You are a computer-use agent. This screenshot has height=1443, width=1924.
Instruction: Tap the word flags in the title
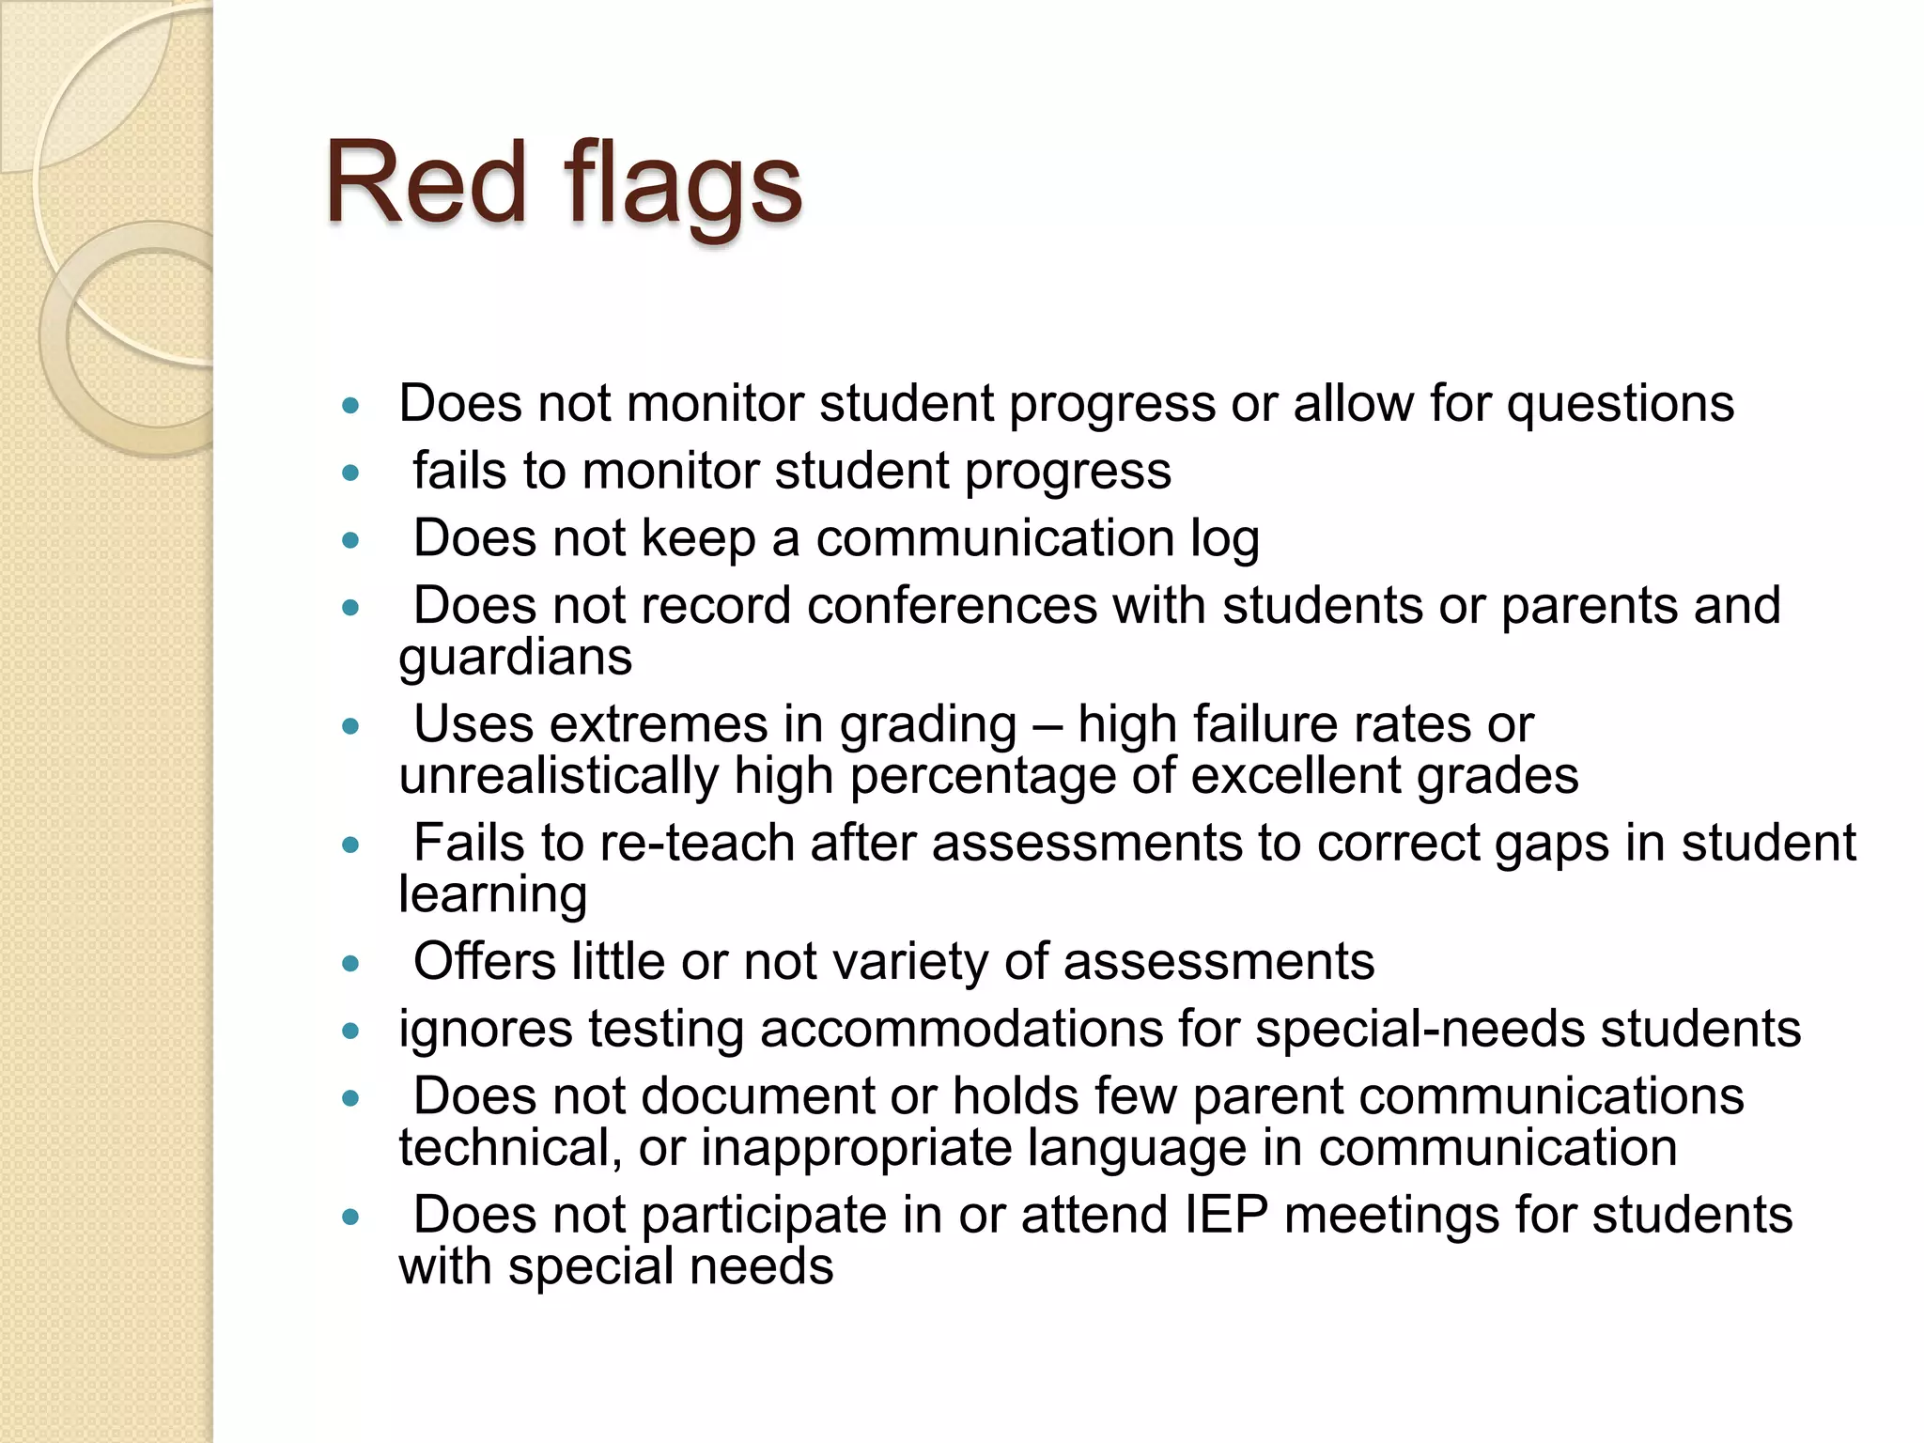[x=683, y=186]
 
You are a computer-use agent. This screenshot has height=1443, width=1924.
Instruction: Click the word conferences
[x=952, y=606]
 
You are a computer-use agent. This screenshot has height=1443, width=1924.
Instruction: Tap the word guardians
[x=515, y=658]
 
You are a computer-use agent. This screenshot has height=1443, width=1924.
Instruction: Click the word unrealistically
[x=558, y=777]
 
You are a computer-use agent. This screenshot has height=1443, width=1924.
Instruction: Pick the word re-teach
[x=697, y=844]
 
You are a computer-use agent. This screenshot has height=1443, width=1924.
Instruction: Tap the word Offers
[x=485, y=962]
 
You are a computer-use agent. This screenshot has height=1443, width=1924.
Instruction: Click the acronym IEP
[x=1226, y=1216]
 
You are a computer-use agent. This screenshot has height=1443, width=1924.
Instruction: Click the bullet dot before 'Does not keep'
[x=351, y=540]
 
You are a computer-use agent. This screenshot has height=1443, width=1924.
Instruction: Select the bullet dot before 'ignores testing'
[x=351, y=1032]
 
